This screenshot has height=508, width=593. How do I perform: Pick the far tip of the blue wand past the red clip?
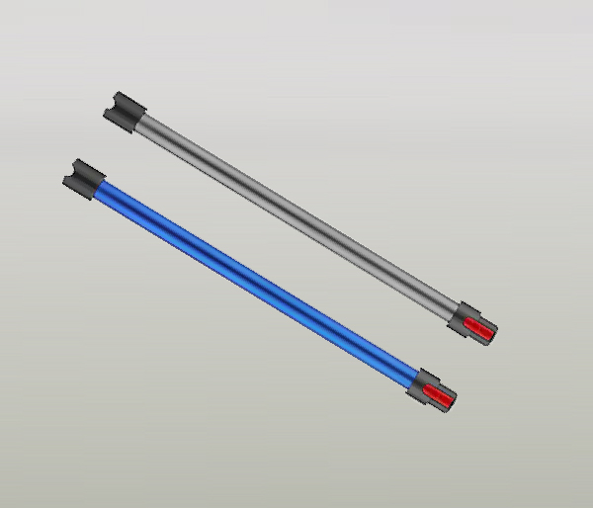[x=454, y=401]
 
